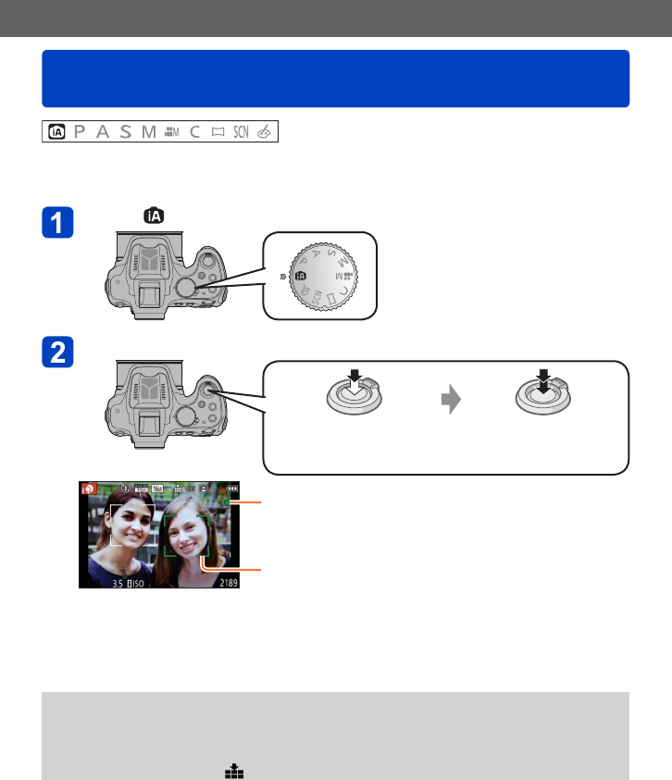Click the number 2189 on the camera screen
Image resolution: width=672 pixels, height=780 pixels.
(x=221, y=583)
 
